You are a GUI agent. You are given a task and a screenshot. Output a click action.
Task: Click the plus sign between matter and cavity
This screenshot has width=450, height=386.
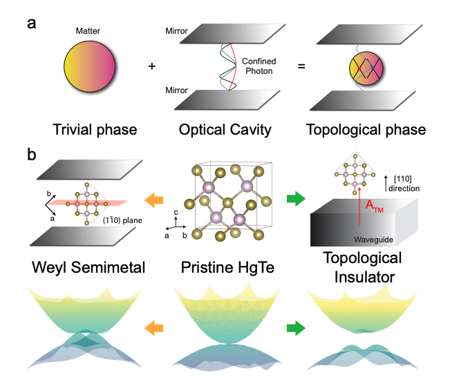coord(151,67)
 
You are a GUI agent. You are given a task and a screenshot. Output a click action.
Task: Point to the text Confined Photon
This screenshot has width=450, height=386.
coord(259,66)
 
